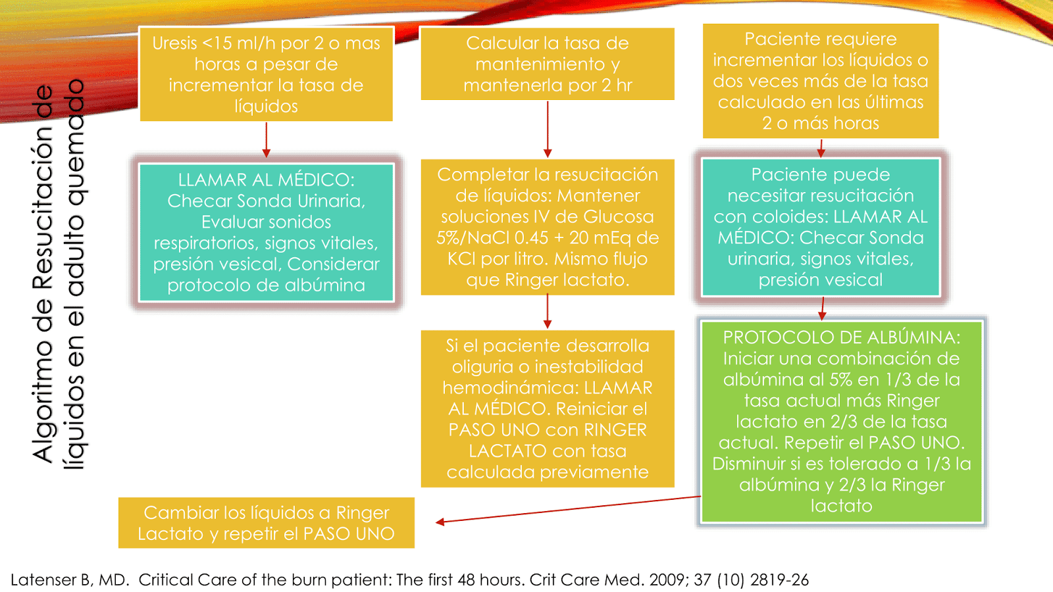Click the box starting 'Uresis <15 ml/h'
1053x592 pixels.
266,74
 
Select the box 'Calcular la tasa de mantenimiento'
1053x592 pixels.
547,64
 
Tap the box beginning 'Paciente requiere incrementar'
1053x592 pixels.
820,81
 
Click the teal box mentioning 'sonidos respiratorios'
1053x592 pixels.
266,232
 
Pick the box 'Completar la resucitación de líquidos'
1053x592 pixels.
547,227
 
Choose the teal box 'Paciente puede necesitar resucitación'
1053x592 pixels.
820,227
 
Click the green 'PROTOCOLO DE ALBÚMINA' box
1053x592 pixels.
841,421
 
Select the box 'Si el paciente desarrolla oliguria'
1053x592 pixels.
547,408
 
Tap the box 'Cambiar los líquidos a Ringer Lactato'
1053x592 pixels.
266,523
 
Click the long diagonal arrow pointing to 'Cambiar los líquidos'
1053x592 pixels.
569,509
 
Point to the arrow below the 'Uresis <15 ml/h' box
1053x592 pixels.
266,139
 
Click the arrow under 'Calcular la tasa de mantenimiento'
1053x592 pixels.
547,130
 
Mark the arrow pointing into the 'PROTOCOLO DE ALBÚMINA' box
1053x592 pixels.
821,308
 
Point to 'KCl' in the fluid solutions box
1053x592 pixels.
461,259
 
